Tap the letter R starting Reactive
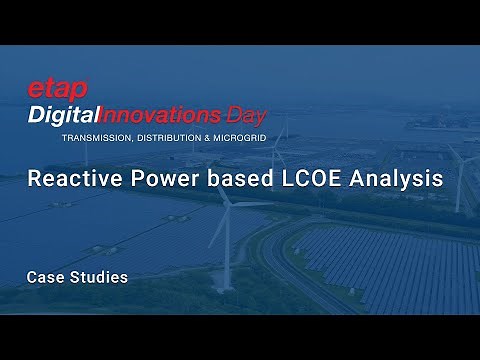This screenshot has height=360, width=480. (34, 180)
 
